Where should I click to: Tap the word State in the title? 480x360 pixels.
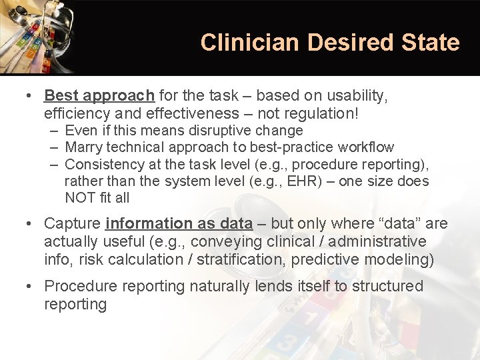[x=431, y=43]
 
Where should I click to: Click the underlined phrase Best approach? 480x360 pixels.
[x=99, y=96]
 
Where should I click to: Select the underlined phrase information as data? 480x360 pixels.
[x=179, y=223]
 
